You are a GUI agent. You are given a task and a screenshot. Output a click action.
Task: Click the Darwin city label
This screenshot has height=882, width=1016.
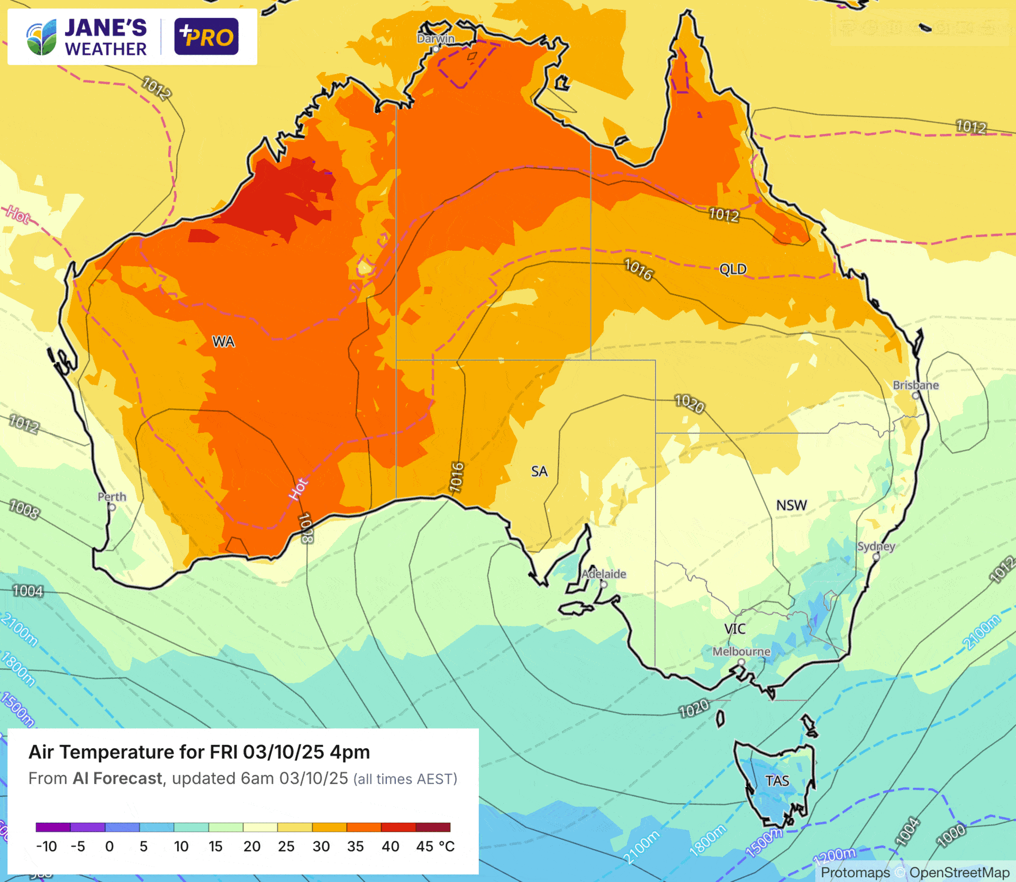pos(435,39)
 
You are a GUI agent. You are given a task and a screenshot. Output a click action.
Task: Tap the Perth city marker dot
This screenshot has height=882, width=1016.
pos(112,507)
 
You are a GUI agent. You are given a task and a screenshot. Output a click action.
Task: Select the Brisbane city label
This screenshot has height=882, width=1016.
pos(915,385)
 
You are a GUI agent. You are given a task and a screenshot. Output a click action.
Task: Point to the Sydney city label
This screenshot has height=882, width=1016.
pos(876,546)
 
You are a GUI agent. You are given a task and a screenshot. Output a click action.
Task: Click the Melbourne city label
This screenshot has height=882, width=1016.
pos(741,651)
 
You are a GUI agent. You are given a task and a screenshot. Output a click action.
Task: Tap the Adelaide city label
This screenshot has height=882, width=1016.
pos(604,574)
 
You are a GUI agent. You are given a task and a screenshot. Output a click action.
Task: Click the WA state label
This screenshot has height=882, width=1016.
pos(223,342)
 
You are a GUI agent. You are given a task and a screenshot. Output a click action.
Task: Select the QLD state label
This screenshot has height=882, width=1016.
pos(733,269)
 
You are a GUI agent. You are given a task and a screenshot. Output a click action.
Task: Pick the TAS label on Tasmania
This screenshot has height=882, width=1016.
pos(777,781)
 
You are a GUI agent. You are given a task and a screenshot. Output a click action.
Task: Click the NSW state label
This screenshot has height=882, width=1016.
pos(791,505)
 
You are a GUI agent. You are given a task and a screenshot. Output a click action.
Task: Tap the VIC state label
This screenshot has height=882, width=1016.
pos(734,629)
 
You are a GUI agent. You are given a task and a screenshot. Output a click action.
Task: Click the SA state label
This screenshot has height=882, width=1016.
pos(539,471)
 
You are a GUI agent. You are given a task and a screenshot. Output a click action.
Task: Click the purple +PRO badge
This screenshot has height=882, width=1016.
pos(206,37)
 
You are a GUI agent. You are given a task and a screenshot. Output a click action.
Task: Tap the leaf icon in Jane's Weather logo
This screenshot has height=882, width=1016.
pos(41,38)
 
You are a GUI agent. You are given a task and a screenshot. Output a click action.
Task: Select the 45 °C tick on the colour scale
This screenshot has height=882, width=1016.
pos(435,847)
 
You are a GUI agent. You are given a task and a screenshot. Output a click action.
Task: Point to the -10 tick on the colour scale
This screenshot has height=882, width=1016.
pos(46,847)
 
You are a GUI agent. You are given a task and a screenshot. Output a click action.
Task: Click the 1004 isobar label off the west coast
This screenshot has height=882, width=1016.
pos(28,591)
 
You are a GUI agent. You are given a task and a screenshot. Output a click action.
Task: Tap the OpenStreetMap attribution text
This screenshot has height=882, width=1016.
pos(959,872)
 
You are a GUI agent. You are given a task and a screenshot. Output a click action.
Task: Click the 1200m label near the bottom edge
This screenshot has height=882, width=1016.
pos(834,855)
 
